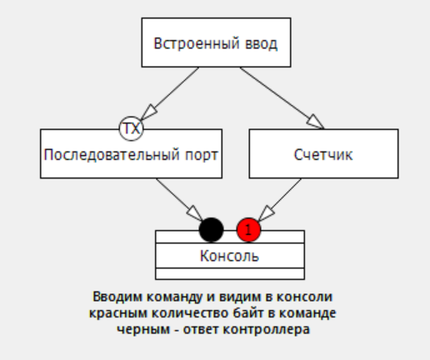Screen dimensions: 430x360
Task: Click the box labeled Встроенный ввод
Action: (x=216, y=42)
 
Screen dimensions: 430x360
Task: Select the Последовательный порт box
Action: (x=131, y=153)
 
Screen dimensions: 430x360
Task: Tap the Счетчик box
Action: (x=323, y=153)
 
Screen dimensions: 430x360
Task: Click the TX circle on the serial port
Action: (x=131, y=128)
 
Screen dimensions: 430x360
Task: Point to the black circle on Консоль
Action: (x=212, y=230)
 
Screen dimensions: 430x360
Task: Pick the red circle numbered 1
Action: (x=248, y=230)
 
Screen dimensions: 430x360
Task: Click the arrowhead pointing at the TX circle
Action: (x=149, y=112)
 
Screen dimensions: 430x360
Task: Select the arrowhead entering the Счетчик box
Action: (x=315, y=122)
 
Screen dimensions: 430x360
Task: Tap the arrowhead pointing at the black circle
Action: (x=195, y=213)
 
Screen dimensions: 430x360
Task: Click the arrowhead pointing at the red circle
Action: (x=267, y=213)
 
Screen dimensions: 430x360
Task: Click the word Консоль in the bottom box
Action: (x=229, y=256)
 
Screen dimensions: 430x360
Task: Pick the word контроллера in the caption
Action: (x=267, y=330)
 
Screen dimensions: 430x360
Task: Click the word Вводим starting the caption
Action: (x=117, y=297)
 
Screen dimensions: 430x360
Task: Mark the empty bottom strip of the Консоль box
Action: (x=230, y=273)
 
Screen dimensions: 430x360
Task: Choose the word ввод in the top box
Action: (x=261, y=43)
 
